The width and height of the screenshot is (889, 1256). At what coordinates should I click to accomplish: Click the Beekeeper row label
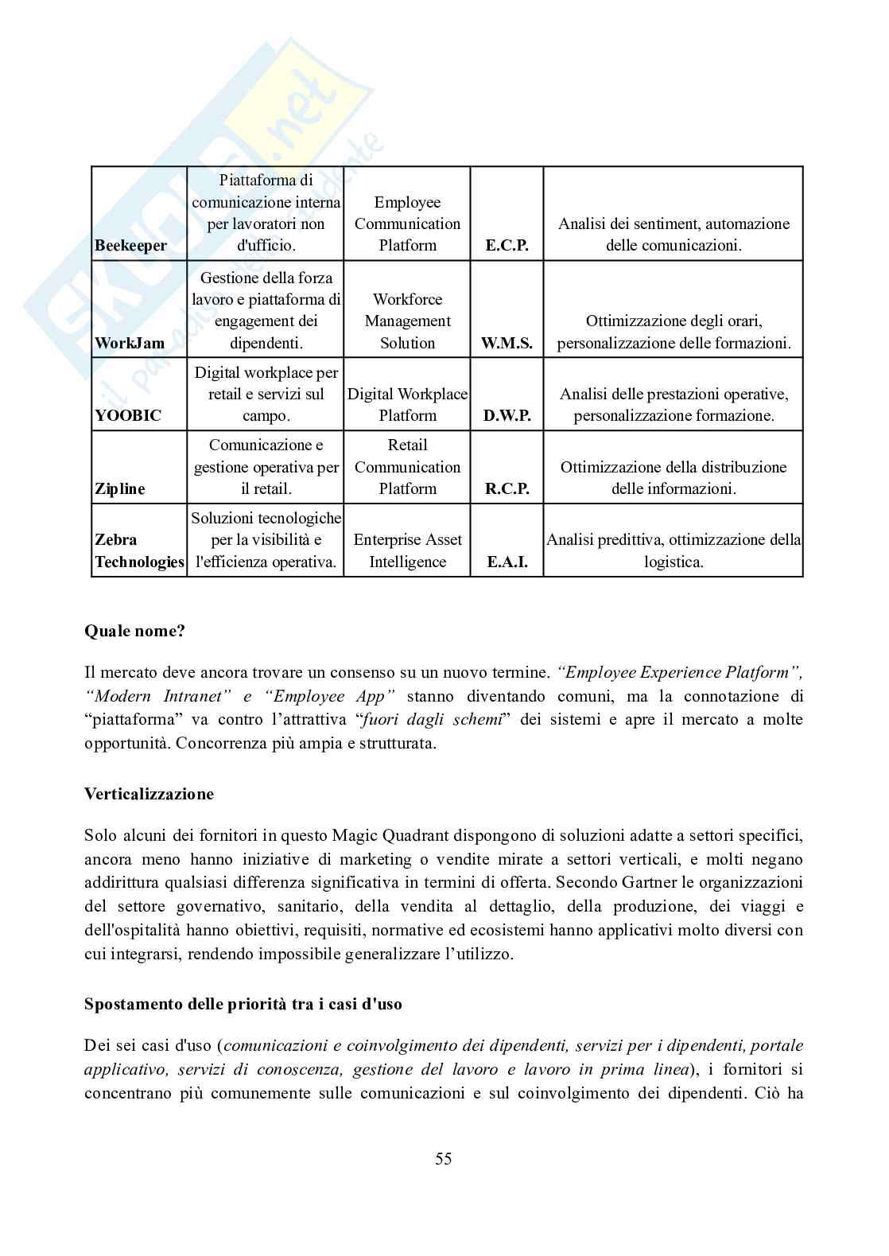tap(130, 246)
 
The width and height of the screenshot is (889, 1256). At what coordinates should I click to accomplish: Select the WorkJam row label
tap(130, 344)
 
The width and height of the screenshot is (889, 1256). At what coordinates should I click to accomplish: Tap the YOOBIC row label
tap(128, 416)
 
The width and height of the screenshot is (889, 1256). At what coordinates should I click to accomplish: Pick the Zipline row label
tap(120, 489)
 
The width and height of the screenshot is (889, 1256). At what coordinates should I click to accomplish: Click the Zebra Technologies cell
tap(139, 551)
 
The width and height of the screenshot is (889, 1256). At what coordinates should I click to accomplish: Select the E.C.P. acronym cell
tap(507, 246)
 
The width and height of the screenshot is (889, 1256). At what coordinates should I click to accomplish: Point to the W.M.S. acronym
tap(507, 344)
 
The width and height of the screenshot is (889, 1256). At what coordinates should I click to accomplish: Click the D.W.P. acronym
tap(507, 416)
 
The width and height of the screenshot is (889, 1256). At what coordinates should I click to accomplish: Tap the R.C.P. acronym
tap(507, 489)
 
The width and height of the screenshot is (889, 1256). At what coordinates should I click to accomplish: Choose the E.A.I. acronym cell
tap(507, 562)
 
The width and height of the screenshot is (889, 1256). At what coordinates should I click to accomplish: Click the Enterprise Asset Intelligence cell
tap(407, 551)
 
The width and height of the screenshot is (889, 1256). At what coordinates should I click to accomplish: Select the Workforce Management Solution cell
tap(407, 321)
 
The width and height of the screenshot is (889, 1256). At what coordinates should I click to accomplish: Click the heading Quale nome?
tap(134, 632)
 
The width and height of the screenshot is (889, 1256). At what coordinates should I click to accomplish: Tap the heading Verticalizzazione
tap(149, 794)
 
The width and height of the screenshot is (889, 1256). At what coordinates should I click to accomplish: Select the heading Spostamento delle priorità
tap(243, 1004)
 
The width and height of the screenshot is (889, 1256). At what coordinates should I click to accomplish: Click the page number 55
tap(444, 1159)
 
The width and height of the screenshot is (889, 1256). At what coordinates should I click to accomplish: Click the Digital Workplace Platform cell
tap(407, 405)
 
